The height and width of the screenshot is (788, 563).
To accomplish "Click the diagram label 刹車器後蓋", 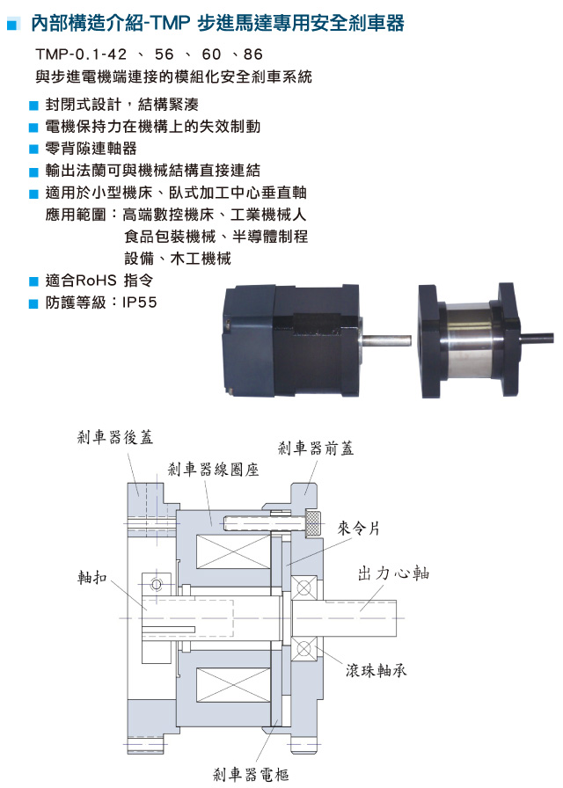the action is (115, 437).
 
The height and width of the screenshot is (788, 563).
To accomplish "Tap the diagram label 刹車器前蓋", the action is (316, 448).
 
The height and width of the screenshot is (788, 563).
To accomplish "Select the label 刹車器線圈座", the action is (213, 470).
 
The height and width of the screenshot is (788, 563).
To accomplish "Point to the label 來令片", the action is (359, 529).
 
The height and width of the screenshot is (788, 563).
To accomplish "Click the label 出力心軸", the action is (393, 573).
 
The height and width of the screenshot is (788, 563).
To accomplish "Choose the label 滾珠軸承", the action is (376, 670).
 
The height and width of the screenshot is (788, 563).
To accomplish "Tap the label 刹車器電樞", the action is (251, 775).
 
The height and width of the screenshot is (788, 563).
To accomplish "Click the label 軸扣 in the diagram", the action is (92, 578).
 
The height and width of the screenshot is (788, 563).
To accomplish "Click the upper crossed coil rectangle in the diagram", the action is (234, 551).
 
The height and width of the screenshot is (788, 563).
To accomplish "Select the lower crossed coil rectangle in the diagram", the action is (234, 685).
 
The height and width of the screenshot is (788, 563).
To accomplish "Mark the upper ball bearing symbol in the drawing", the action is (304, 587).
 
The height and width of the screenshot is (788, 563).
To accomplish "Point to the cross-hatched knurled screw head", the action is (313, 523).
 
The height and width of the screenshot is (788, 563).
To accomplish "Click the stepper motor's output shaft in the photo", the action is (386, 340).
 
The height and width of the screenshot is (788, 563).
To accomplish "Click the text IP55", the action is (139, 303).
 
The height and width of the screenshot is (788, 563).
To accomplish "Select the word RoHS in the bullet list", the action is (96, 281).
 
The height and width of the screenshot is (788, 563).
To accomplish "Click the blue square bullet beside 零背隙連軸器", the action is (33, 150).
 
